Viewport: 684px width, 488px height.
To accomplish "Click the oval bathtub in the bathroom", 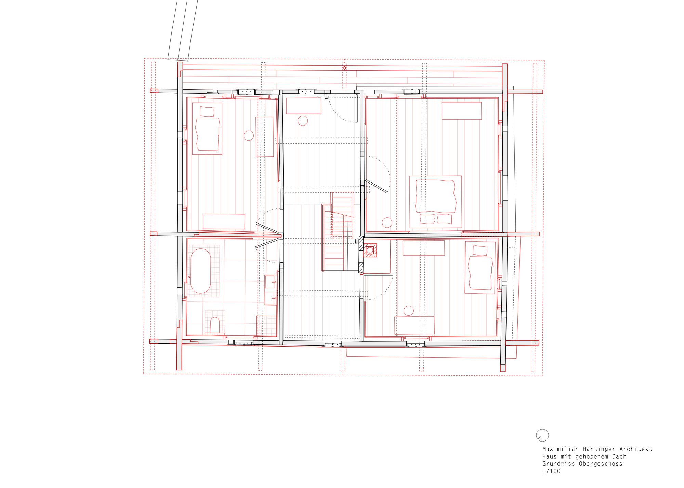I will tap(200, 271).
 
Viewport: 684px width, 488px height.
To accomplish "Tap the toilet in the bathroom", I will tap(215, 325).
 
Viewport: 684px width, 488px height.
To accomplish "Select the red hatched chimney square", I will tap(370, 250).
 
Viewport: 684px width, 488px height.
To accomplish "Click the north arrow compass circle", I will tap(542, 435).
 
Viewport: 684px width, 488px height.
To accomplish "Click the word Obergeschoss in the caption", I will tap(601, 464).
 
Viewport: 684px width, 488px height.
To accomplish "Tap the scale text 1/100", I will tap(551, 471).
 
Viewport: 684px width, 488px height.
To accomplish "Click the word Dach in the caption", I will tap(619, 457).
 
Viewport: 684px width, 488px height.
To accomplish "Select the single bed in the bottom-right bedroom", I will tap(480, 272).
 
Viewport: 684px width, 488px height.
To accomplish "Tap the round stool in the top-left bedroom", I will tap(249, 136).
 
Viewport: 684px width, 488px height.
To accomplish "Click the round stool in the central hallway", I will tap(303, 121).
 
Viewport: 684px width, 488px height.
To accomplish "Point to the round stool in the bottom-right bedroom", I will tap(409, 311).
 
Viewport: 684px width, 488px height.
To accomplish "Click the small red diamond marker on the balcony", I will tap(344, 68).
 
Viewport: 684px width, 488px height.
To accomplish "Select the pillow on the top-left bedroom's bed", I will tap(207, 111).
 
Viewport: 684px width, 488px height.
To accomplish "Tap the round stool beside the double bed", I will tap(387, 222).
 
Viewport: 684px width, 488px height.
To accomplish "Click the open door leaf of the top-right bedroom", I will tap(377, 186).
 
